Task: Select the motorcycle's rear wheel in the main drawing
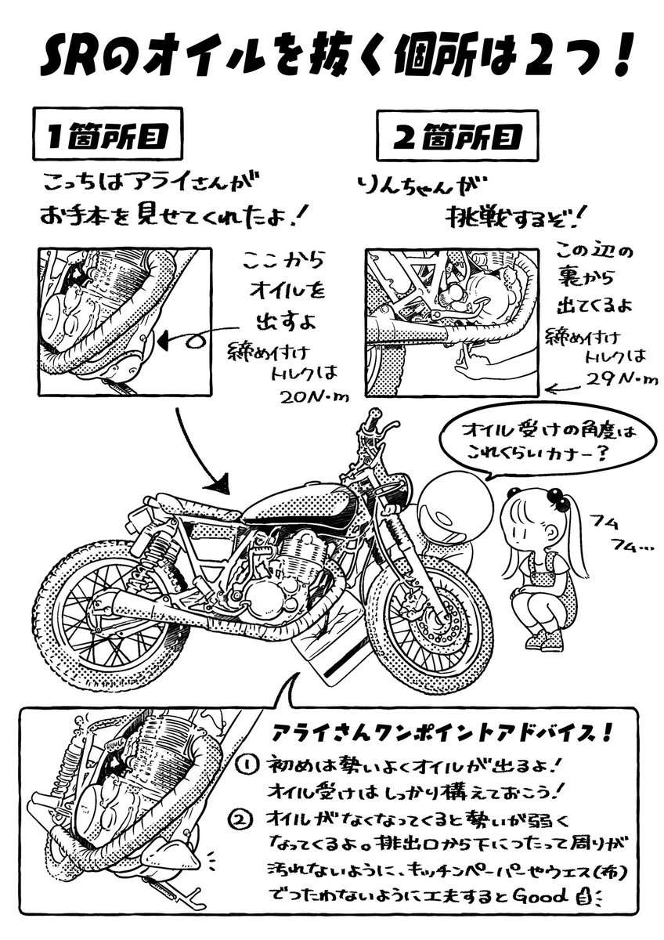point(114,619)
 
